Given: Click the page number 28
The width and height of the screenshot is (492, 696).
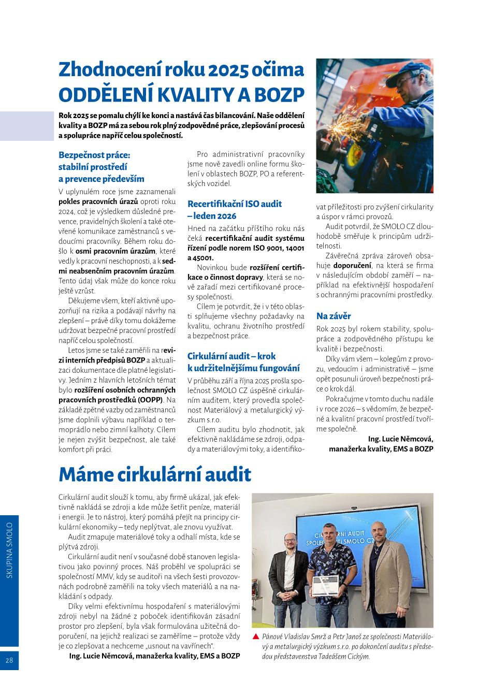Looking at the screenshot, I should (x=9, y=660).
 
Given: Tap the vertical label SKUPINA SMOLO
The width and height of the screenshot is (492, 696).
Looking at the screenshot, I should (x=9, y=550).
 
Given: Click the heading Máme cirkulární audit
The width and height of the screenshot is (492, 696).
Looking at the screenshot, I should (x=155, y=474).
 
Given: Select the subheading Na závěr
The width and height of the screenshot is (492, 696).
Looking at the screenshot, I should (x=334, y=316).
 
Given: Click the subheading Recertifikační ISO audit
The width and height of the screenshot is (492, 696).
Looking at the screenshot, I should (x=235, y=204).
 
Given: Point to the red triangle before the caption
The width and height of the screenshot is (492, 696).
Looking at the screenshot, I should (x=256, y=636).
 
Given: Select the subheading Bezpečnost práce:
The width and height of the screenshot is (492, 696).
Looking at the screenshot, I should (x=94, y=155).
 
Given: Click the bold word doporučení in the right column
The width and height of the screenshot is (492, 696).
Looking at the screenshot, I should (x=352, y=266).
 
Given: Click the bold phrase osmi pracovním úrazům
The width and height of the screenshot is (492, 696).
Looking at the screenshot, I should (x=115, y=251).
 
